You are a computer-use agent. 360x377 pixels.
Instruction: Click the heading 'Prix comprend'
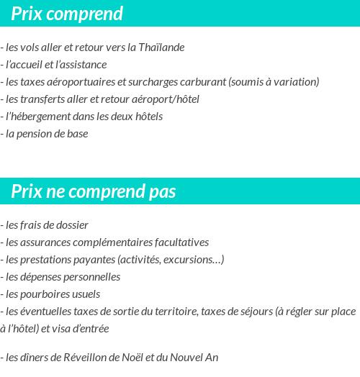67,14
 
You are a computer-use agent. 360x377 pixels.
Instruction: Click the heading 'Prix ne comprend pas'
94,192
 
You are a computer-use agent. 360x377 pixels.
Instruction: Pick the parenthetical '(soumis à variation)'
274,82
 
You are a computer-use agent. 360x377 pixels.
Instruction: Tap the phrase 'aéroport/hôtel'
166,99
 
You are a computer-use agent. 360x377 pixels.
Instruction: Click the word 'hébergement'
41,117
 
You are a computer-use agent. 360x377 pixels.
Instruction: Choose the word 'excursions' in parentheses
192,259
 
